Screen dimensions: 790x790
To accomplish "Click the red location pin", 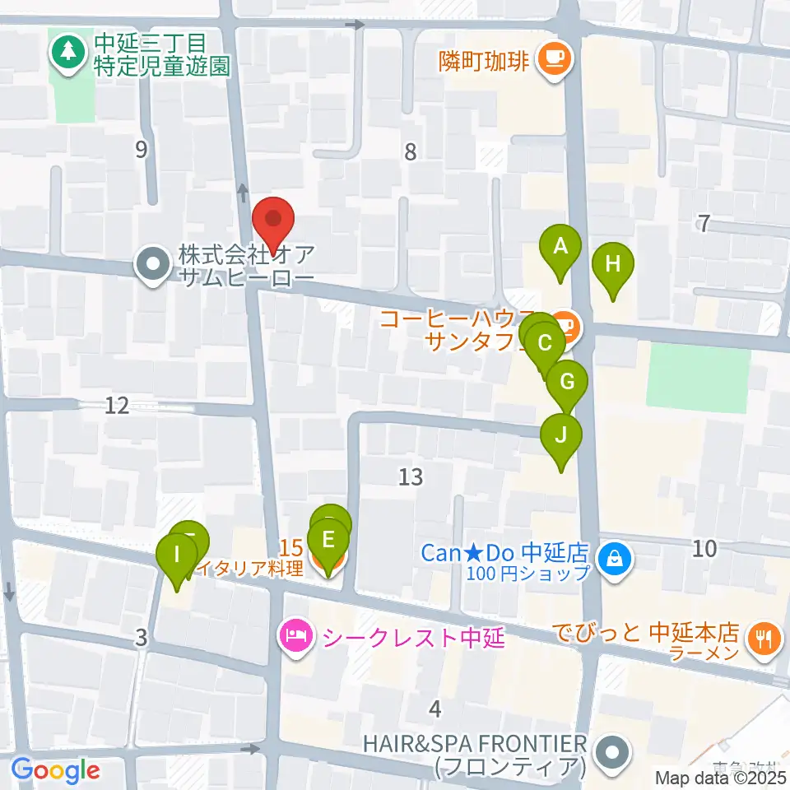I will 272,220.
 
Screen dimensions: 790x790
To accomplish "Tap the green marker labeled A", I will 560,247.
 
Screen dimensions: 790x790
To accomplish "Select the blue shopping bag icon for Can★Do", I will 613,560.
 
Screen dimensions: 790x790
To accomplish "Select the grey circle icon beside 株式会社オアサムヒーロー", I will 153,266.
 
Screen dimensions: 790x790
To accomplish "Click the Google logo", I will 55,770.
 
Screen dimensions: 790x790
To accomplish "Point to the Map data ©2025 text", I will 720,777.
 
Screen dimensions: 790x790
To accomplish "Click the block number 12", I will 118,405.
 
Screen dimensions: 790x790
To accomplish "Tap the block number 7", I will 704,223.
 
